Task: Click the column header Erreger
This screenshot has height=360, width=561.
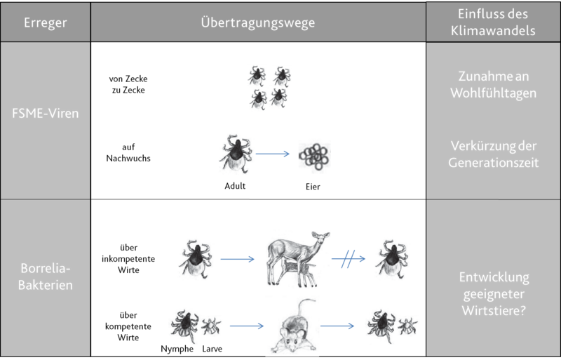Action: point(45,22)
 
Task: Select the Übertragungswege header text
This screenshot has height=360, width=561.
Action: point(258,22)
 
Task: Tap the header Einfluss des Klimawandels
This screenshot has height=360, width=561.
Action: point(493,22)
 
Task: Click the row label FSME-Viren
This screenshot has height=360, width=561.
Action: point(45,113)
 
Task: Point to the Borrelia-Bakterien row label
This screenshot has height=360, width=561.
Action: point(45,276)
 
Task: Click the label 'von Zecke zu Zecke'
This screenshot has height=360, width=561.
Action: point(128,84)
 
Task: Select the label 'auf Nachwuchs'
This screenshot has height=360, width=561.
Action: point(128,152)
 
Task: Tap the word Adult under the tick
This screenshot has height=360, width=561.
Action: point(235,186)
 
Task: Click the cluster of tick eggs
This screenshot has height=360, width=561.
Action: point(314,156)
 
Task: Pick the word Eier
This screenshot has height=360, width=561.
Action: point(313,187)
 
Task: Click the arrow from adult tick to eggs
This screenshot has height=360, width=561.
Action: point(273,154)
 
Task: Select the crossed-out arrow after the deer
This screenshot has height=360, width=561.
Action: point(349,259)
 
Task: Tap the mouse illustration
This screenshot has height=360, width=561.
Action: point(294,327)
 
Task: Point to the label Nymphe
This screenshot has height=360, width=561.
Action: point(177,349)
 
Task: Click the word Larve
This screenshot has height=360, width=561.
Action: point(212,349)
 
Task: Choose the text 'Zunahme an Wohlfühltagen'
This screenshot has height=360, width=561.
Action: point(494,84)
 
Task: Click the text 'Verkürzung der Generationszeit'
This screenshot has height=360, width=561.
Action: point(494,154)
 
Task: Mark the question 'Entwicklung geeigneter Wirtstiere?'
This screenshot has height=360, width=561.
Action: point(494,294)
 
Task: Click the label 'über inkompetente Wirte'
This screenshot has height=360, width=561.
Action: point(128,259)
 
